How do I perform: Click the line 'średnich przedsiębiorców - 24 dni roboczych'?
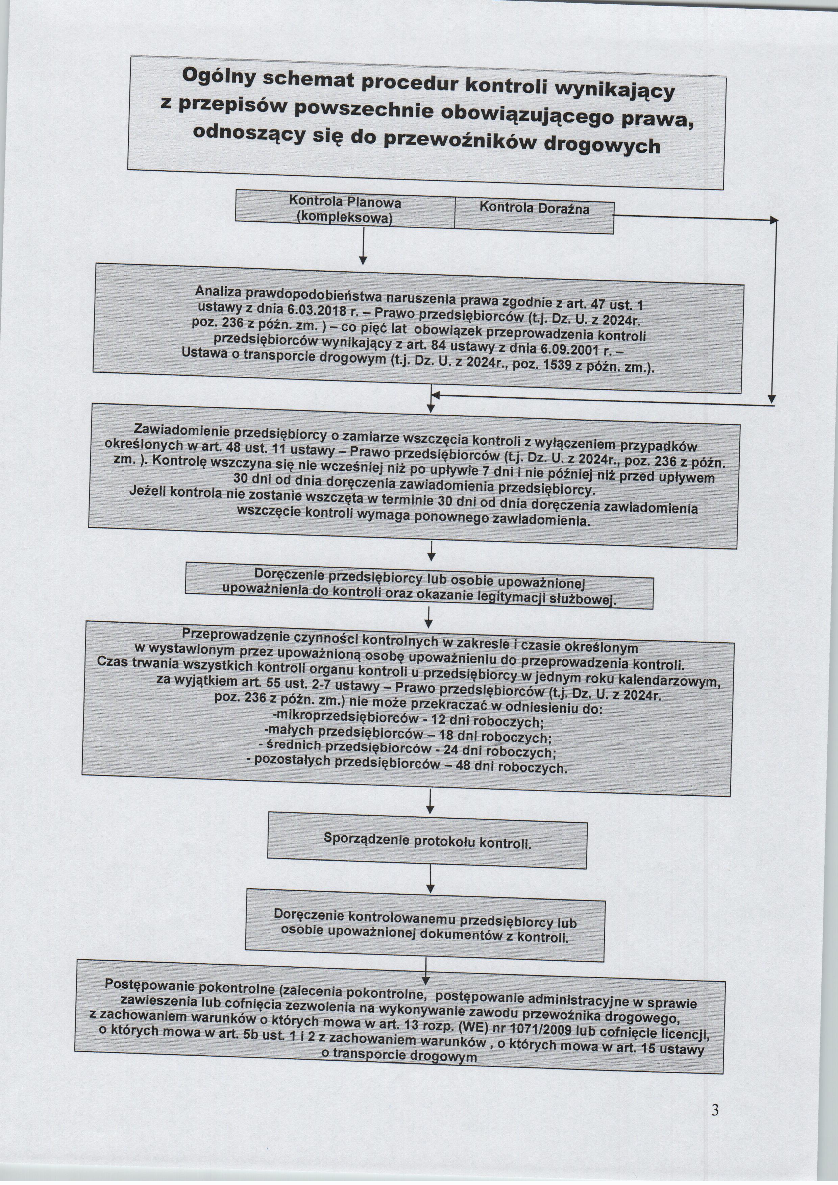[407, 749]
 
